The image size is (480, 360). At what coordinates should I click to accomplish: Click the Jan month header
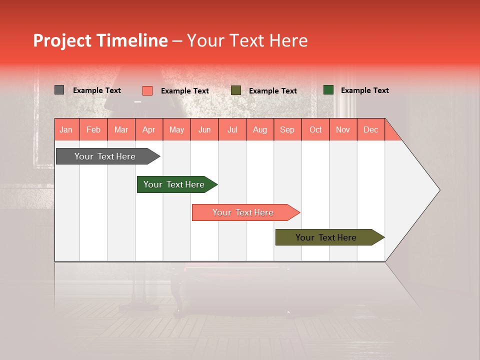point(66,129)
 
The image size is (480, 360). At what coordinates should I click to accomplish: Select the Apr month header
point(148,129)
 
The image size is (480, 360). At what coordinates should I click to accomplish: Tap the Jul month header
point(232,129)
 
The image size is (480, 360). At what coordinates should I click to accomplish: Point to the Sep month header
point(287,129)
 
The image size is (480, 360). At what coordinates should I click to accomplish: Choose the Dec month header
point(370,129)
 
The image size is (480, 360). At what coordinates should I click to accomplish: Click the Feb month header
point(93,129)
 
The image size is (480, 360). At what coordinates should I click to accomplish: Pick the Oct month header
point(315,129)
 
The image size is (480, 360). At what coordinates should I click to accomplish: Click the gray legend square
point(59,90)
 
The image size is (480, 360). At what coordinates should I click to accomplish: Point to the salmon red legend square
point(147,90)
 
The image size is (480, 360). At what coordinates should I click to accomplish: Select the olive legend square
point(236,90)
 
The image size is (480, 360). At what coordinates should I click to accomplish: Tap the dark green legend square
point(328,90)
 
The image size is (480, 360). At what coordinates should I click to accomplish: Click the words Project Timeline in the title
point(100,40)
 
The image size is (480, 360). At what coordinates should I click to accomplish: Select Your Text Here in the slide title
point(247,40)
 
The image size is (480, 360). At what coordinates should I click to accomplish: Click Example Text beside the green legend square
point(364,90)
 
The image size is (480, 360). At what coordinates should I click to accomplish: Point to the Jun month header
point(204,129)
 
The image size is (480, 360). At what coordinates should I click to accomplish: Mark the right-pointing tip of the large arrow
point(438,190)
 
